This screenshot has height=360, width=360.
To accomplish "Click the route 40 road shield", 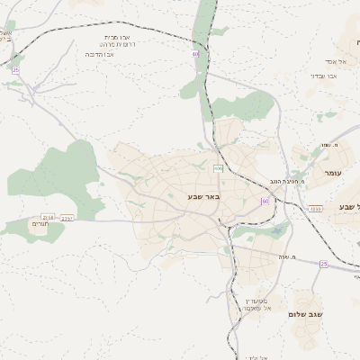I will point(195,54).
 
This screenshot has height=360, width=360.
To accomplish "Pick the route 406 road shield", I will point(218,168).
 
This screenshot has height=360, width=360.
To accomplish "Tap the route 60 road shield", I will point(265,201).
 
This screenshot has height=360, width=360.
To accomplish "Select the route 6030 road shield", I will point(314,209).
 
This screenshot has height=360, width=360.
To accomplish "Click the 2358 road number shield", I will point(48,217).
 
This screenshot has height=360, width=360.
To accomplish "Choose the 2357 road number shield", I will point(67,217).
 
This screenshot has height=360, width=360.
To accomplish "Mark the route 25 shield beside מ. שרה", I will point(323,264).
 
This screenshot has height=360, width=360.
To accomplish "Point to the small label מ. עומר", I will point(326,145).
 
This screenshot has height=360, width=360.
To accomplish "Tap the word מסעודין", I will point(257,300).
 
